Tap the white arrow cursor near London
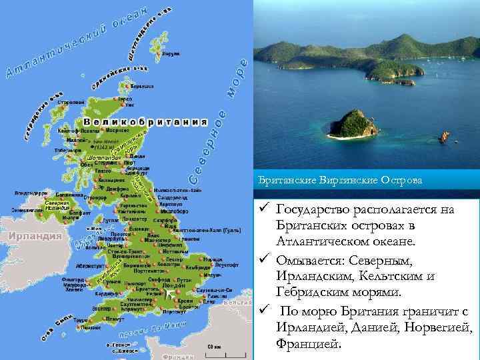pos(171,293)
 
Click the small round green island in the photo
pos(353,124)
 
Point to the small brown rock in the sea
pos(444,137)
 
